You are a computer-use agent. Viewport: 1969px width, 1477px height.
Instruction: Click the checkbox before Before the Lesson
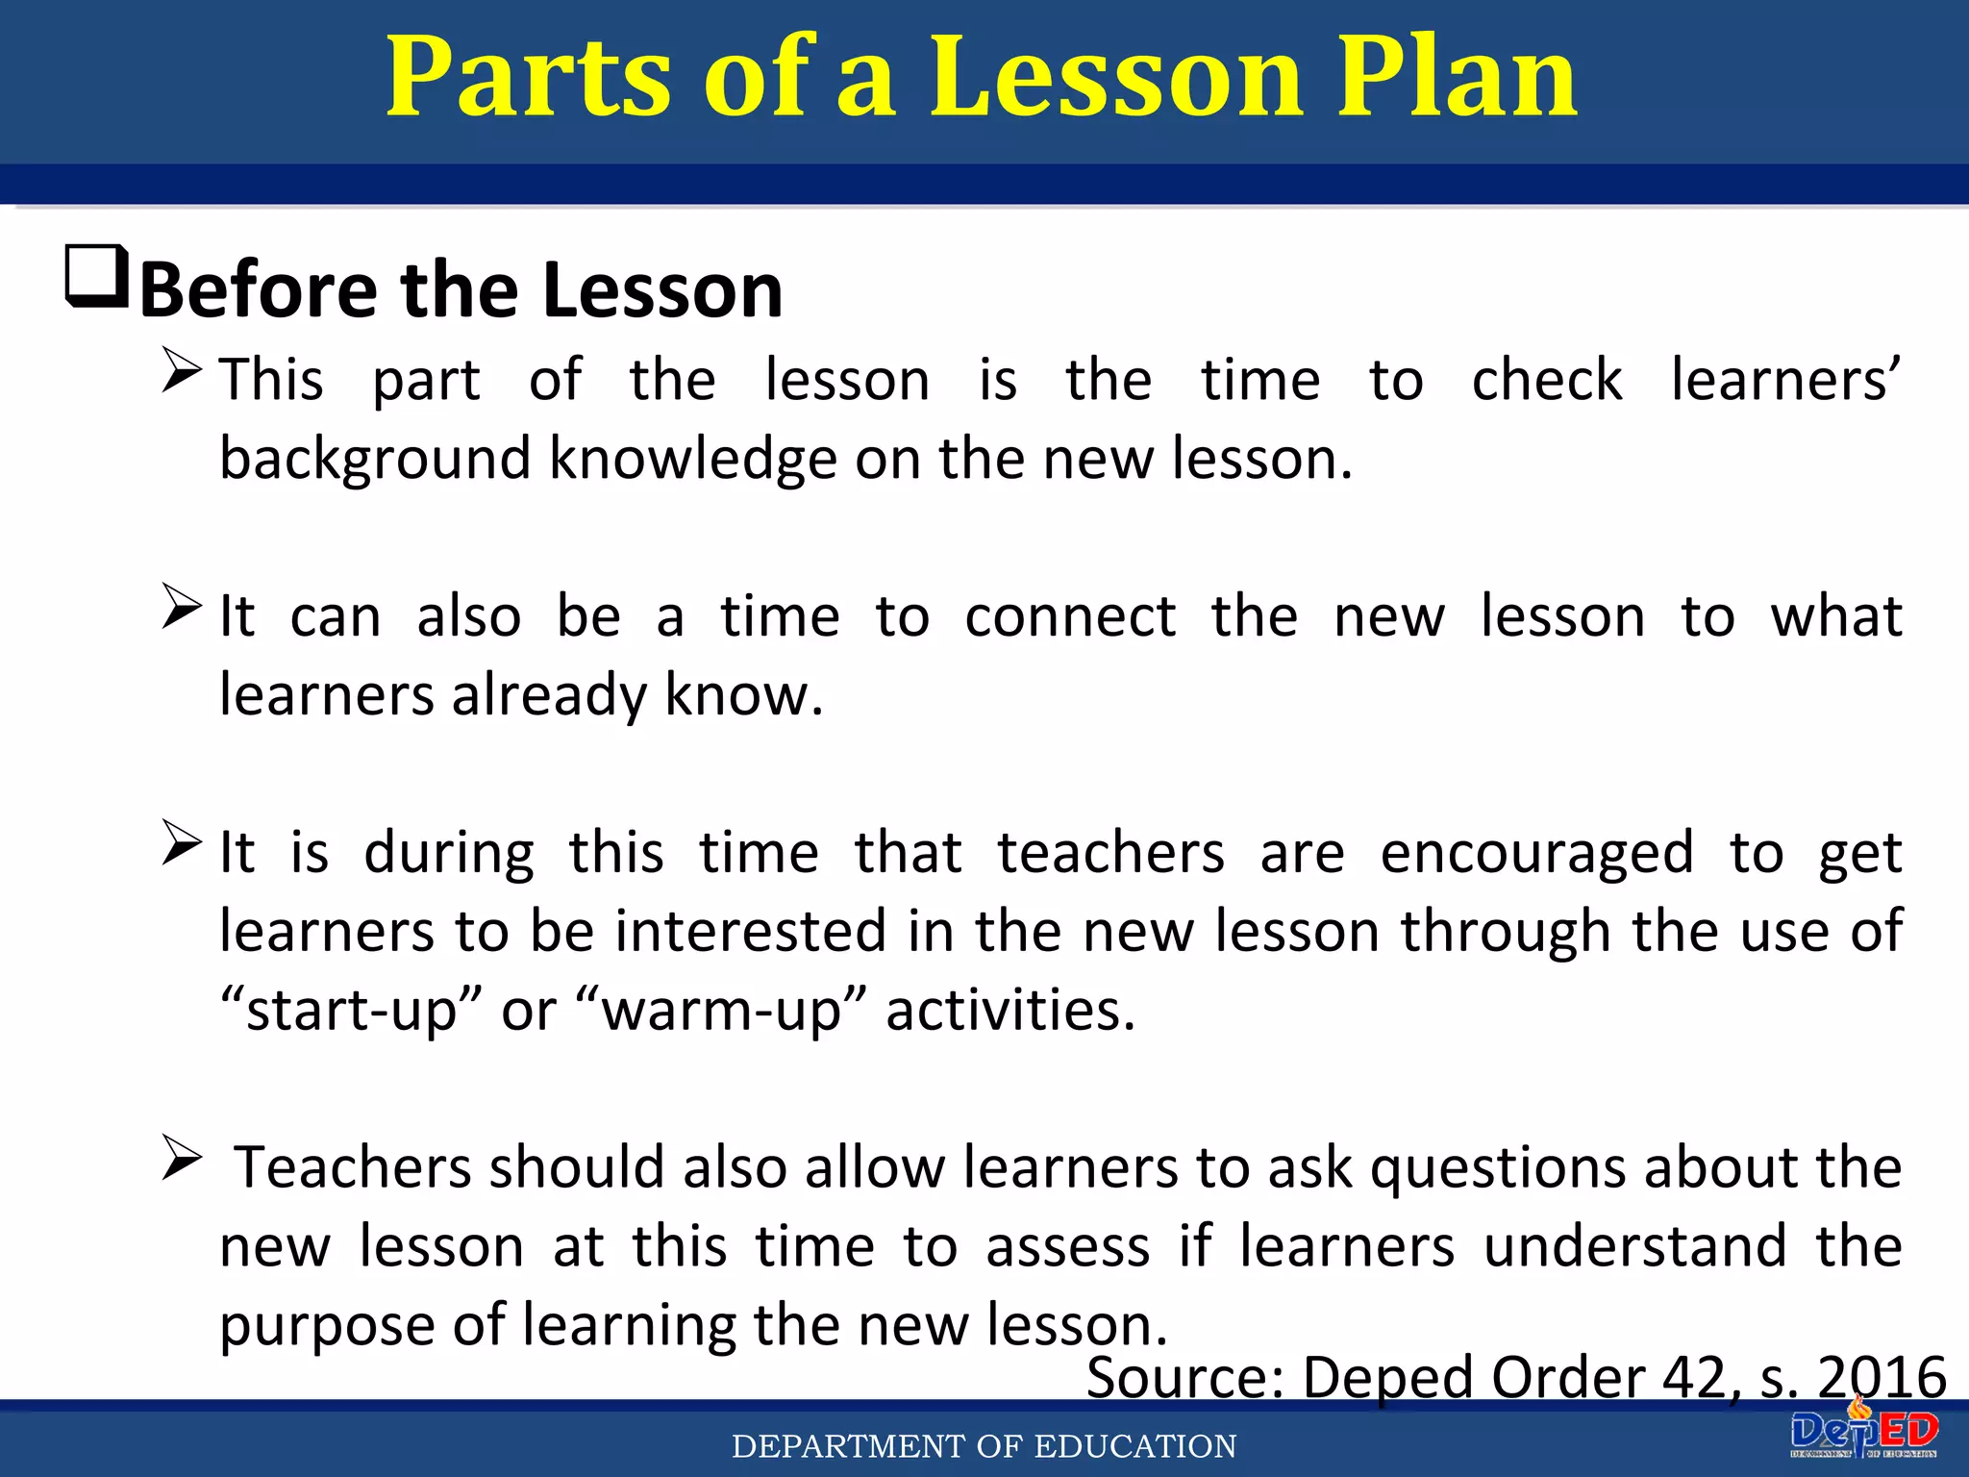(x=96, y=276)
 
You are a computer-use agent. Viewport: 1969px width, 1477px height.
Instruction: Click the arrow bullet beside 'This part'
(x=182, y=370)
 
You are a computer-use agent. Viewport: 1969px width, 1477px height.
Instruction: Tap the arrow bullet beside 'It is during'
(x=182, y=842)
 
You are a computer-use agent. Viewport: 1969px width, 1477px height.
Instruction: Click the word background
(x=375, y=460)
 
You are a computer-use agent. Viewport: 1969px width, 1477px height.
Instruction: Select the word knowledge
(x=693, y=460)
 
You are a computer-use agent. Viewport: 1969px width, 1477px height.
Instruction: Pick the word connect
(x=1070, y=616)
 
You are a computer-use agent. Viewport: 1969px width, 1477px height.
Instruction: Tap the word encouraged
(x=1536, y=853)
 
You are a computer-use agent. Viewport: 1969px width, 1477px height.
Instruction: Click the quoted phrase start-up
(x=350, y=1011)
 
